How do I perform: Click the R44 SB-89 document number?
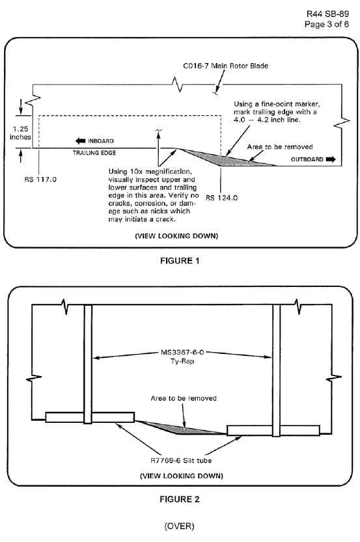tap(327, 14)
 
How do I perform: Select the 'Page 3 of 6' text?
tap(326, 24)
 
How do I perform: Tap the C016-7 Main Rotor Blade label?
tap(225, 66)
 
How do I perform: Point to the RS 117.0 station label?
tap(40, 180)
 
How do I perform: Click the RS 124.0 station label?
tap(222, 198)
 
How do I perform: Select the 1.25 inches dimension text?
tap(20, 133)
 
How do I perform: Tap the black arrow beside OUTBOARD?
tap(331, 159)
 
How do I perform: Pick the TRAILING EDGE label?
tap(94, 153)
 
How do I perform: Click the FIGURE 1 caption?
tap(180, 261)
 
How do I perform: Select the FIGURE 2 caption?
tap(180, 499)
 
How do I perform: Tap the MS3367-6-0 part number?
tap(182, 353)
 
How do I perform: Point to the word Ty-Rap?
tap(182, 361)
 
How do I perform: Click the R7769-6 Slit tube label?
tap(181, 461)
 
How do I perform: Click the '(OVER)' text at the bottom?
tap(180, 526)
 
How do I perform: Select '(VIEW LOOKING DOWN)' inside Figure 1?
tap(176, 236)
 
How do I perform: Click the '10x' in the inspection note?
tap(135, 172)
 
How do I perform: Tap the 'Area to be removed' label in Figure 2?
tap(184, 398)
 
